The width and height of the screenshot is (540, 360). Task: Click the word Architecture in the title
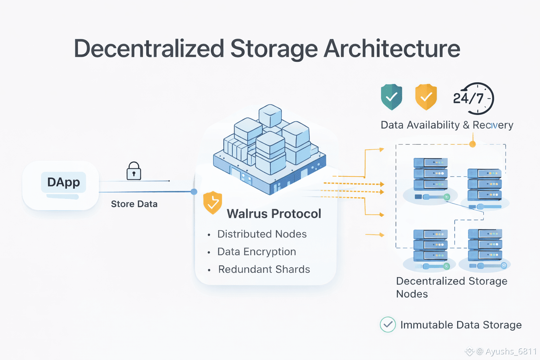[x=392, y=49]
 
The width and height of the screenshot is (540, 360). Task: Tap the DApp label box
[x=64, y=182]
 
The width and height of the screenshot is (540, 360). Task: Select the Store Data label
[x=134, y=204]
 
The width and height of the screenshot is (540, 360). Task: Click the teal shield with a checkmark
[x=391, y=97]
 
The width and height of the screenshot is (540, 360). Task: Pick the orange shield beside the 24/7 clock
[x=426, y=97]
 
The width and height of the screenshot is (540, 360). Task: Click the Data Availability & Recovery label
[x=447, y=125]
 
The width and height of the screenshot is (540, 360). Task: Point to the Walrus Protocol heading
[x=274, y=214]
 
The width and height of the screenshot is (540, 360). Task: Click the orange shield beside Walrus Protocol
[x=212, y=202]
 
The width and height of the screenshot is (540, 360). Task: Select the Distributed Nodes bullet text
[x=262, y=234]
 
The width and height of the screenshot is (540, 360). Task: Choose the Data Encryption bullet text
[x=257, y=252]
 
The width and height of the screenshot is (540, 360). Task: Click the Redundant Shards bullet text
[x=264, y=269]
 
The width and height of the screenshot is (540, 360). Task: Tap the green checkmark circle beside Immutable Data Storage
[x=388, y=324]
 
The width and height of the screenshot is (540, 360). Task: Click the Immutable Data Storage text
[x=461, y=325]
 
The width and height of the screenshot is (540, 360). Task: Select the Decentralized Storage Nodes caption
[x=451, y=287]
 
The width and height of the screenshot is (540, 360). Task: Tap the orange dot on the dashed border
[x=472, y=144]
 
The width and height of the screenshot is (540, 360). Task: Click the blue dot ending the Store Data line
[x=194, y=192]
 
